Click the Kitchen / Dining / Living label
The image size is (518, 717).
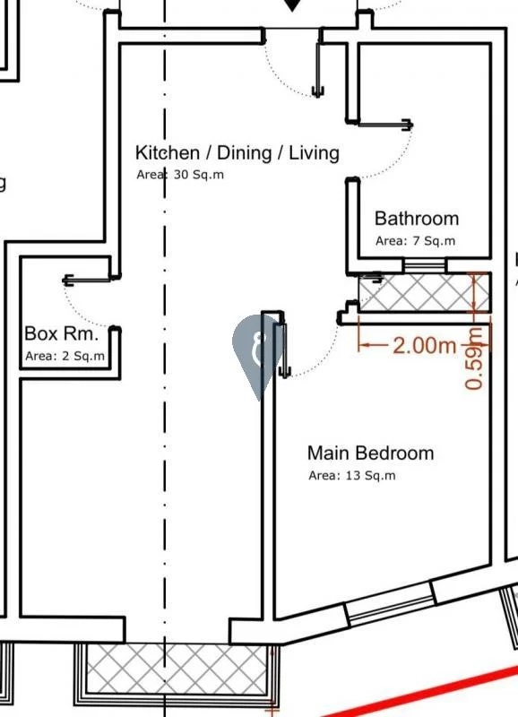[x=237, y=152]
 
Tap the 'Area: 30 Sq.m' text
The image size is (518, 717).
[x=180, y=175]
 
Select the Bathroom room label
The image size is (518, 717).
[x=417, y=219]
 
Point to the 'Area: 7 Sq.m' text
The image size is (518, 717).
[x=415, y=240]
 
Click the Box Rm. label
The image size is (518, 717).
[x=62, y=333]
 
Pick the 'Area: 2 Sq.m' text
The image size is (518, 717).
[x=65, y=356]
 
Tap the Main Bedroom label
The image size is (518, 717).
[x=370, y=454]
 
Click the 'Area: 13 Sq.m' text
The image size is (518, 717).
[x=352, y=476]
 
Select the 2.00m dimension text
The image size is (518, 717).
[x=424, y=345]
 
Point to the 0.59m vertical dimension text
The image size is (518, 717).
[x=474, y=358]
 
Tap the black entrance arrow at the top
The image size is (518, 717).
[x=291, y=5]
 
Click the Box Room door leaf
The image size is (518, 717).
[x=88, y=279]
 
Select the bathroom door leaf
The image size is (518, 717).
[x=385, y=124]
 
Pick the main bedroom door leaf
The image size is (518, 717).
[x=283, y=350]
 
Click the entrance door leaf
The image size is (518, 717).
[x=318, y=70]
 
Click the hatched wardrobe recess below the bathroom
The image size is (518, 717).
[x=423, y=293]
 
